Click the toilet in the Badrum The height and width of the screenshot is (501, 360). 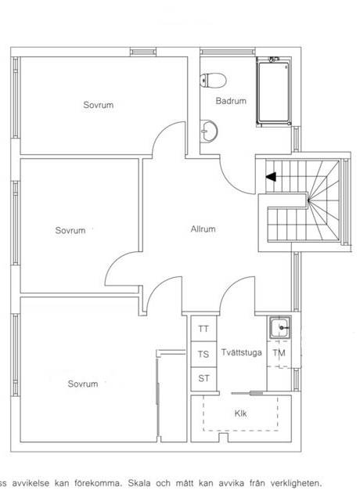[x=213, y=80]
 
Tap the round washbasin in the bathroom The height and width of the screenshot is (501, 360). [x=209, y=131]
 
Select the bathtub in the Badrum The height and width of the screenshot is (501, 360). [x=274, y=92]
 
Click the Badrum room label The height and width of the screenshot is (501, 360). [x=231, y=101]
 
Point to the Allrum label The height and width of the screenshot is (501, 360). [x=203, y=229]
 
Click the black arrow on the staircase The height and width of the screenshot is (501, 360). [x=271, y=177]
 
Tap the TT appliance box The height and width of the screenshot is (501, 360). [x=203, y=329]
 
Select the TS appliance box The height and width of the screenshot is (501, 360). [x=203, y=355]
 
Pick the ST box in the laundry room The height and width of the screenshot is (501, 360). [x=203, y=379]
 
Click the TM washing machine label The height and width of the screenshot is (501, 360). [x=279, y=353]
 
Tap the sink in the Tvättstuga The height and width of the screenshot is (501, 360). [x=280, y=327]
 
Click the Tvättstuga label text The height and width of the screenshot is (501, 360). [x=242, y=352]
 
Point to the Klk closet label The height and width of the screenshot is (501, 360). [x=240, y=413]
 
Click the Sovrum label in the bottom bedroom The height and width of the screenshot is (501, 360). [x=83, y=384]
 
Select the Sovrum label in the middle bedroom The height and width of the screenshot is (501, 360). [x=70, y=230]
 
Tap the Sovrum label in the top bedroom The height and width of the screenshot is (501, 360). [x=99, y=105]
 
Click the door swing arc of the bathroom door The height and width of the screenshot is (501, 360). [x=231, y=183]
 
